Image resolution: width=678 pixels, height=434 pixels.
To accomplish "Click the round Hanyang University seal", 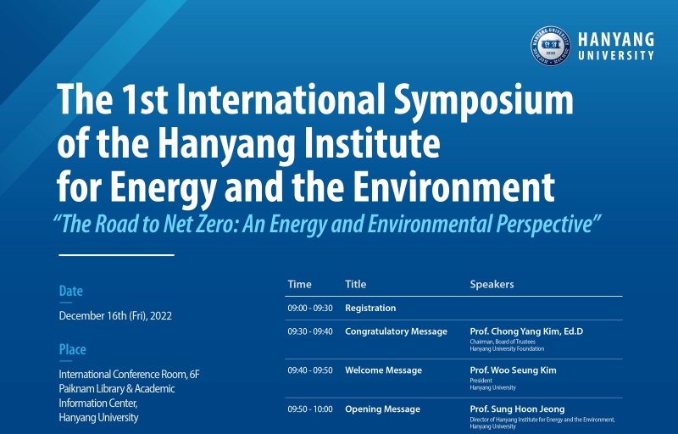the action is click(x=550, y=46).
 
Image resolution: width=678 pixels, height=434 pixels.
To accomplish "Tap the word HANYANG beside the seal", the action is click(x=616, y=40).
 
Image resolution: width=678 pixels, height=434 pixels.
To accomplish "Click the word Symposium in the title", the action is click(x=483, y=99).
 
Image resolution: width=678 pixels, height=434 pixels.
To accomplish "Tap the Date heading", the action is click(x=71, y=291).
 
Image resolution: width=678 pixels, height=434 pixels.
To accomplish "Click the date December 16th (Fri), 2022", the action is click(x=115, y=316).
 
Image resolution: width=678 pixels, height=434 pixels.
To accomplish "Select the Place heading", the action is click(x=73, y=349).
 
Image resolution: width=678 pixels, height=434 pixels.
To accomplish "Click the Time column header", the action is click(x=300, y=285).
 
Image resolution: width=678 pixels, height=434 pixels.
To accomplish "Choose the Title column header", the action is click(x=355, y=285).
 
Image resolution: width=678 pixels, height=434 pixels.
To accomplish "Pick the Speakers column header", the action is click(x=492, y=285).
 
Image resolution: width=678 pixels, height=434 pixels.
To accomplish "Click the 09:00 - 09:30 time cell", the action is click(x=310, y=309).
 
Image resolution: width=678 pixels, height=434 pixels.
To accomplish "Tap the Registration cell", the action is click(x=370, y=309).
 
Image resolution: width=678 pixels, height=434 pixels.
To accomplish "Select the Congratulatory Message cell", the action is click(x=396, y=331).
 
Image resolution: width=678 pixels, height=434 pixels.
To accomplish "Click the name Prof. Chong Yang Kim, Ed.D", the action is click(x=526, y=331).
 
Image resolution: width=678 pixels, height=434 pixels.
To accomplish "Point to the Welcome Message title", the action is click(x=384, y=370).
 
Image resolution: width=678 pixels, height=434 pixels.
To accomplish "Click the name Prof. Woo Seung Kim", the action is click(x=514, y=370).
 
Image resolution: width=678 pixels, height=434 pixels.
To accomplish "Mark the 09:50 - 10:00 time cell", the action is click(x=310, y=409).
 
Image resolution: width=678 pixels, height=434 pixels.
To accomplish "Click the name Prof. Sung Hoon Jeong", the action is click(x=517, y=409).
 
